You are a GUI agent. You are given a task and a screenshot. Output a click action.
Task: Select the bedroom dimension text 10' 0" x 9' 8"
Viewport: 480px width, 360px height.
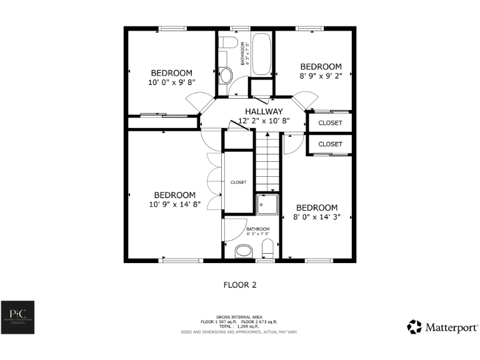pos(171,82)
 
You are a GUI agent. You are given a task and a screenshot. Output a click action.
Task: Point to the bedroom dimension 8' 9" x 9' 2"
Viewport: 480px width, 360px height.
pos(321,76)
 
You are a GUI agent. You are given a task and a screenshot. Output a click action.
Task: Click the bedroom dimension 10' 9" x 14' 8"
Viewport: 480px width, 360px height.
pos(174,204)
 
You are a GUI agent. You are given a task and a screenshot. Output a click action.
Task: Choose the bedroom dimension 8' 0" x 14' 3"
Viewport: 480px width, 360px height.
pos(316,217)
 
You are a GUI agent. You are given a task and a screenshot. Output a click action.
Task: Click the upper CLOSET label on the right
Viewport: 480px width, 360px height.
pos(330,123)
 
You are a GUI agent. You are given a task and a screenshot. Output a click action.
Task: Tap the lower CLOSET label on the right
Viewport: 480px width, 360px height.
pos(330,144)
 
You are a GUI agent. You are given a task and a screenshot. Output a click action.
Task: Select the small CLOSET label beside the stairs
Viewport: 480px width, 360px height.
pos(238,182)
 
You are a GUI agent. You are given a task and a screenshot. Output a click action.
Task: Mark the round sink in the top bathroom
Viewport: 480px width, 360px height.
pos(226,76)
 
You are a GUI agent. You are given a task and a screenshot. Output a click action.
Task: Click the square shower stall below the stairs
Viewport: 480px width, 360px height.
pos(267,204)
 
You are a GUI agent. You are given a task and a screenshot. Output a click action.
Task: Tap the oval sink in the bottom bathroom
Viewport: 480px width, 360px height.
pos(244,252)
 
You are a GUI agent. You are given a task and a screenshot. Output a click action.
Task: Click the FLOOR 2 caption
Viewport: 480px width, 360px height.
pos(240,285)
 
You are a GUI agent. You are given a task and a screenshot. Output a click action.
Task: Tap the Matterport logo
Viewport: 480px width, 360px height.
pos(442,327)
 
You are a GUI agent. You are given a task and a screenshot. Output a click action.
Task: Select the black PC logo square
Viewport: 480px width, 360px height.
pos(17,317)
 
